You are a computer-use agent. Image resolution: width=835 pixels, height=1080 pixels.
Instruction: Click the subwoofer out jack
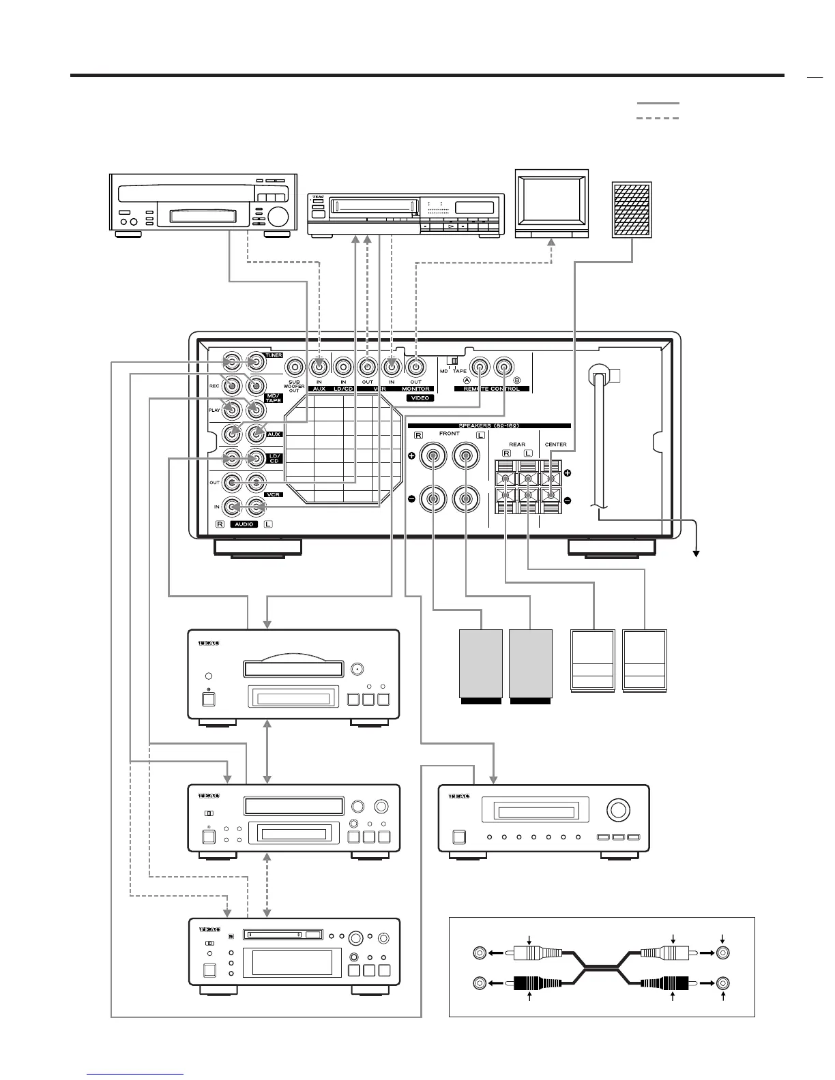pos(294,366)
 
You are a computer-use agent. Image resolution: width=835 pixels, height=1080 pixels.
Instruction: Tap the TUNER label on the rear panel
pos(274,355)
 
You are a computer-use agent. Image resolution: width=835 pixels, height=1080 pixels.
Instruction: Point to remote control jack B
pos(503,366)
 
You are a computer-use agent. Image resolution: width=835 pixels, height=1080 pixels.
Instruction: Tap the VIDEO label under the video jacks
pos(421,397)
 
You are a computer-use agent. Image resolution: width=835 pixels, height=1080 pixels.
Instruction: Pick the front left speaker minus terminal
pos(465,499)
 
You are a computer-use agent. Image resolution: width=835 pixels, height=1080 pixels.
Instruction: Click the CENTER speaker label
pos(555,445)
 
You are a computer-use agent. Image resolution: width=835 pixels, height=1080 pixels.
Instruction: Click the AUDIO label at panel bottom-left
pos(244,524)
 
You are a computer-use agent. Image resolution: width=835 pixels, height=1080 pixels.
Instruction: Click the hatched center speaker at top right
pos(632,210)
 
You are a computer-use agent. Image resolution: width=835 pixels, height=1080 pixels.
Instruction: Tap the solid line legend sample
pos(658,104)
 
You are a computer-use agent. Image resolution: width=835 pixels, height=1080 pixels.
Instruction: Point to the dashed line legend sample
pos(658,119)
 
